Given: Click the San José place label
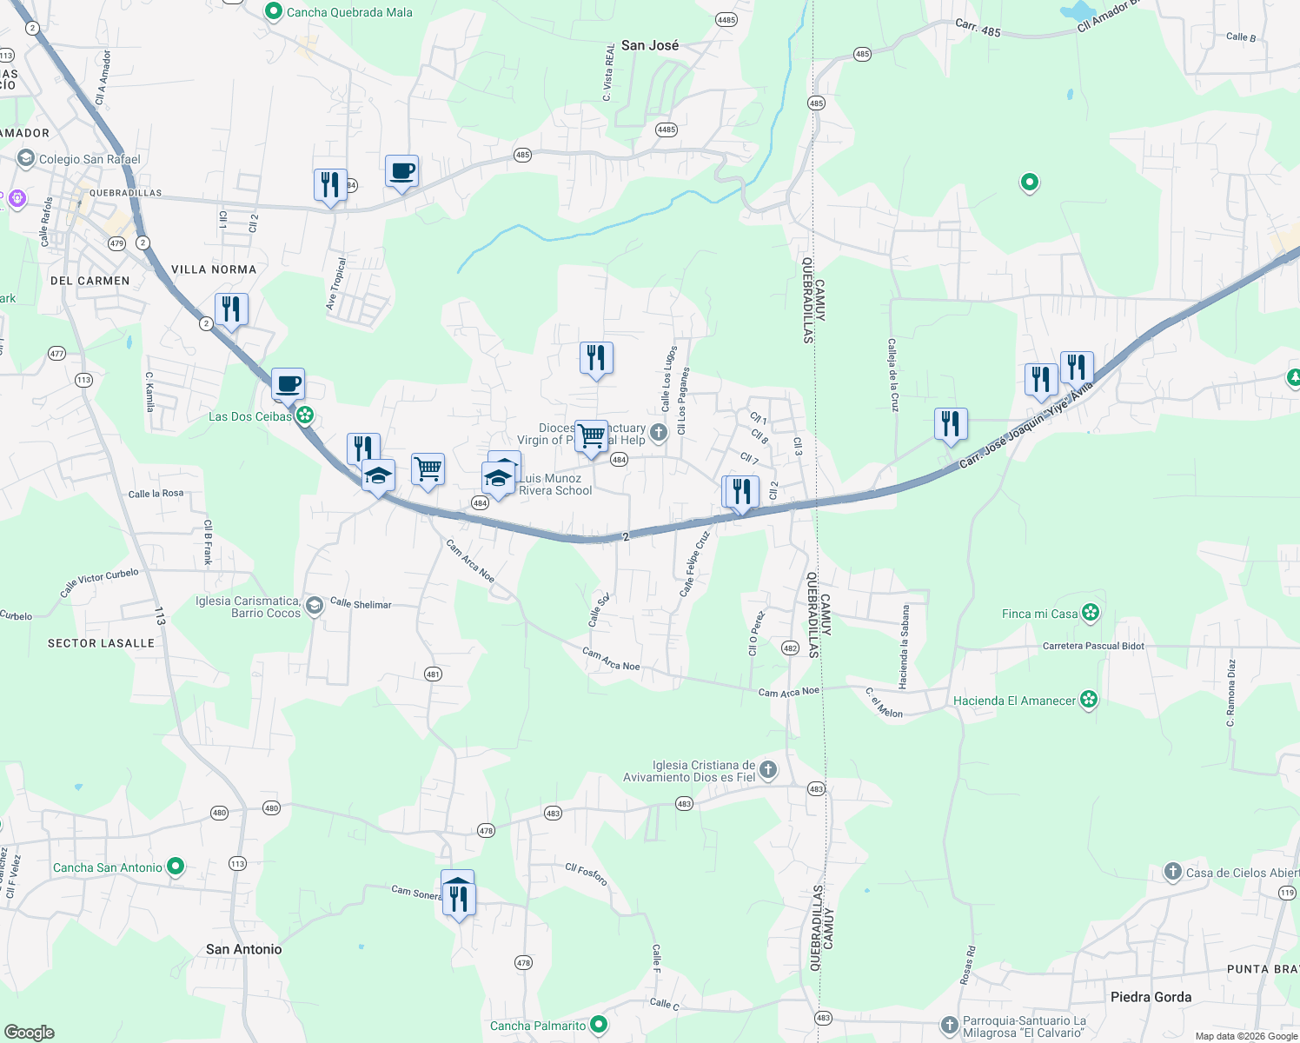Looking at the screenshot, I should pos(650,45).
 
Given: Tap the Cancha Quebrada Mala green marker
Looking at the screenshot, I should pos(274,12).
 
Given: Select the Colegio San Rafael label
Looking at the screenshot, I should pos(90,159).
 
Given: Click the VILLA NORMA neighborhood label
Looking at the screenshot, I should pos(214,269).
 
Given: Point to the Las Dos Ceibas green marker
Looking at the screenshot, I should pos(304,415).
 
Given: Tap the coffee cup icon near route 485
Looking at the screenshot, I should pos(401,170).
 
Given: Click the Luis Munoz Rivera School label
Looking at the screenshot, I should pos(555,484).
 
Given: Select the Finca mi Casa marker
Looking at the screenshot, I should pos(1091,613).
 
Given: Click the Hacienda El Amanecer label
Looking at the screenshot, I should pos(1014,701).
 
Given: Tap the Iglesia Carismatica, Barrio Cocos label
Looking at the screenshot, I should pos(248,607).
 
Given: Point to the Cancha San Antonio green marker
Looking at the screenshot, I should pos(176,867).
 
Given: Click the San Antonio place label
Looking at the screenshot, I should pos(243,949).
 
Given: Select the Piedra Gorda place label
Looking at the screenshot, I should pos(1151,997).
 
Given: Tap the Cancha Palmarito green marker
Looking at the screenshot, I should pos(599,1026).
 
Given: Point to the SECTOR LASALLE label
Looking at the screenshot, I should pos(101,643).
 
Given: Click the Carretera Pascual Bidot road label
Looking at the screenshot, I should pos(1093,646).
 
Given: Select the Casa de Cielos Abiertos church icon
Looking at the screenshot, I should pos(1172,872).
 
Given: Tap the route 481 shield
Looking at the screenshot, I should pos(433,674).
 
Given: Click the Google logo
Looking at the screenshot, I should pos(29,1033).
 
